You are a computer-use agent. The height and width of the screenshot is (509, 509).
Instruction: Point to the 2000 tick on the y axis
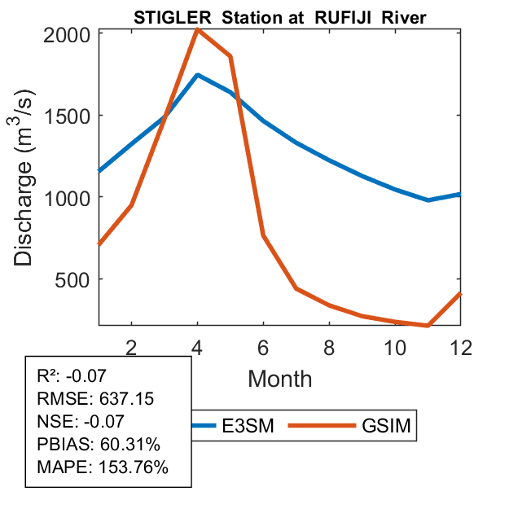click(x=67, y=35)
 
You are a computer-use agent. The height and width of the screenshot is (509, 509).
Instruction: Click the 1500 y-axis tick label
click(x=67, y=116)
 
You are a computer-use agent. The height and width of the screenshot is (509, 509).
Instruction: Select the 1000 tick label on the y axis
click(x=67, y=197)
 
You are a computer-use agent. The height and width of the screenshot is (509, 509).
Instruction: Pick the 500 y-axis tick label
click(x=74, y=279)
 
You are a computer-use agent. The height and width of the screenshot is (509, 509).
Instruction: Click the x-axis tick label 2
click(x=132, y=347)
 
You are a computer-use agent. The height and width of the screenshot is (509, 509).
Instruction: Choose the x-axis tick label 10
click(x=395, y=347)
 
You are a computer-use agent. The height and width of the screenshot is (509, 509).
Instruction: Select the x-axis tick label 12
click(x=460, y=347)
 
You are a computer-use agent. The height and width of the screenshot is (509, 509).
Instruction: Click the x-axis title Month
click(x=279, y=379)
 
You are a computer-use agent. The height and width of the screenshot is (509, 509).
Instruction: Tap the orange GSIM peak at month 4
click(x=197, y=30)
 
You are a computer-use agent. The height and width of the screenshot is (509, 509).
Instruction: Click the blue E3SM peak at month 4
click(x=198, y=75)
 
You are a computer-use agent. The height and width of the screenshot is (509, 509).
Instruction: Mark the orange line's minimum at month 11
click(x=428, y=326)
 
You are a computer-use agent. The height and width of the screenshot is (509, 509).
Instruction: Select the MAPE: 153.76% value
click(x=103, y=468)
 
